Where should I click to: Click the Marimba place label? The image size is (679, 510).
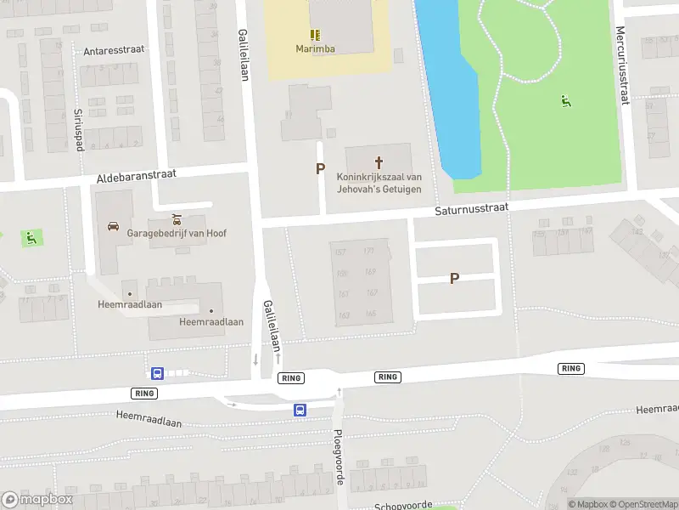(315, 48)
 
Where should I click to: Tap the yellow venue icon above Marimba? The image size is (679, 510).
(315, 35)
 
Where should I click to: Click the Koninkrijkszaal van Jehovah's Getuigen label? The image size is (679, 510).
(379, 183)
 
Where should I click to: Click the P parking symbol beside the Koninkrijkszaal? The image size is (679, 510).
(320, 169)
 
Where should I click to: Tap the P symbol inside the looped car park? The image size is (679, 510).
(454, 278)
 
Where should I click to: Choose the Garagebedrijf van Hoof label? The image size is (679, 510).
(176, 233)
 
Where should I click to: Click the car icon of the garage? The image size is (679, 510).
(113, 226)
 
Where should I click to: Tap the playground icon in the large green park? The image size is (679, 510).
(565, 101)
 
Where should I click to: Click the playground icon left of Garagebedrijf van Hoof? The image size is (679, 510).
(31, 238)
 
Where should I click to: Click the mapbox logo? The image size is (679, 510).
(38, 499)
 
